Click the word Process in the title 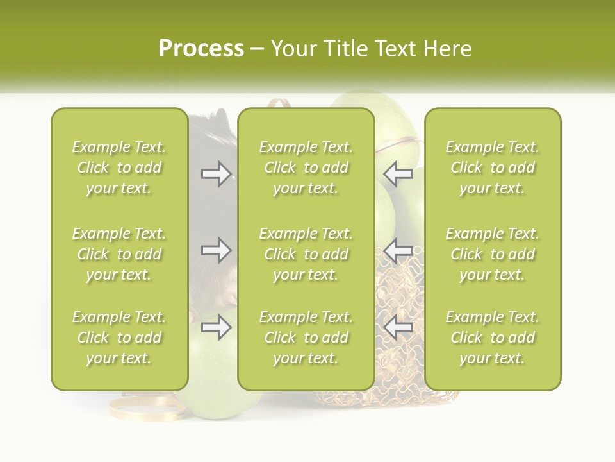201,49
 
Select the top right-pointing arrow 216,174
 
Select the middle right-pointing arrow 216,250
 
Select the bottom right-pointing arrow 216,328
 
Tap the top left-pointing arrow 398,174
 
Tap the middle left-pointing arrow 398,250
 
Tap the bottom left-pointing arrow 398,328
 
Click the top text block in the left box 119,167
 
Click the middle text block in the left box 119,254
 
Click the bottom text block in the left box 119,338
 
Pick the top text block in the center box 306,167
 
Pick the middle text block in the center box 306,254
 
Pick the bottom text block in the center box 306,338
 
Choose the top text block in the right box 492,167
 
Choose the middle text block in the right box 492,254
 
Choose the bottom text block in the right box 492,338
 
